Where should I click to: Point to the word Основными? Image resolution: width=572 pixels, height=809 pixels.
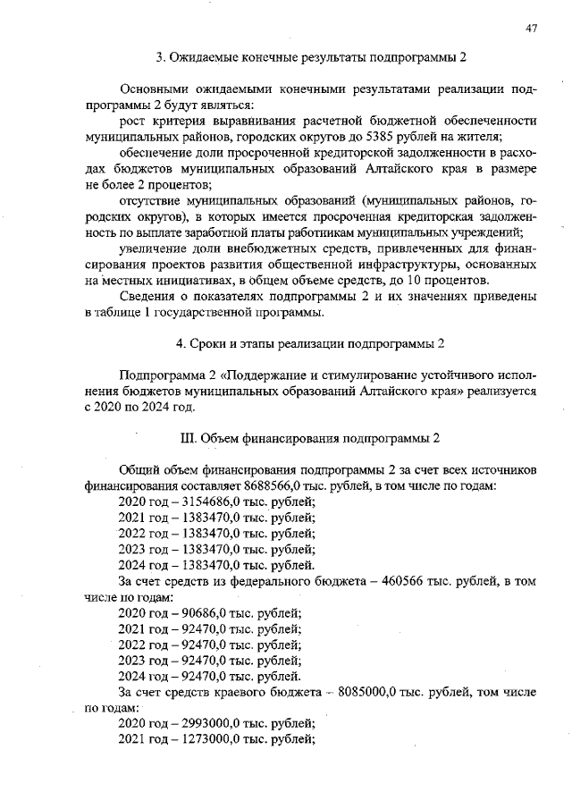(x=156, y=89)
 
